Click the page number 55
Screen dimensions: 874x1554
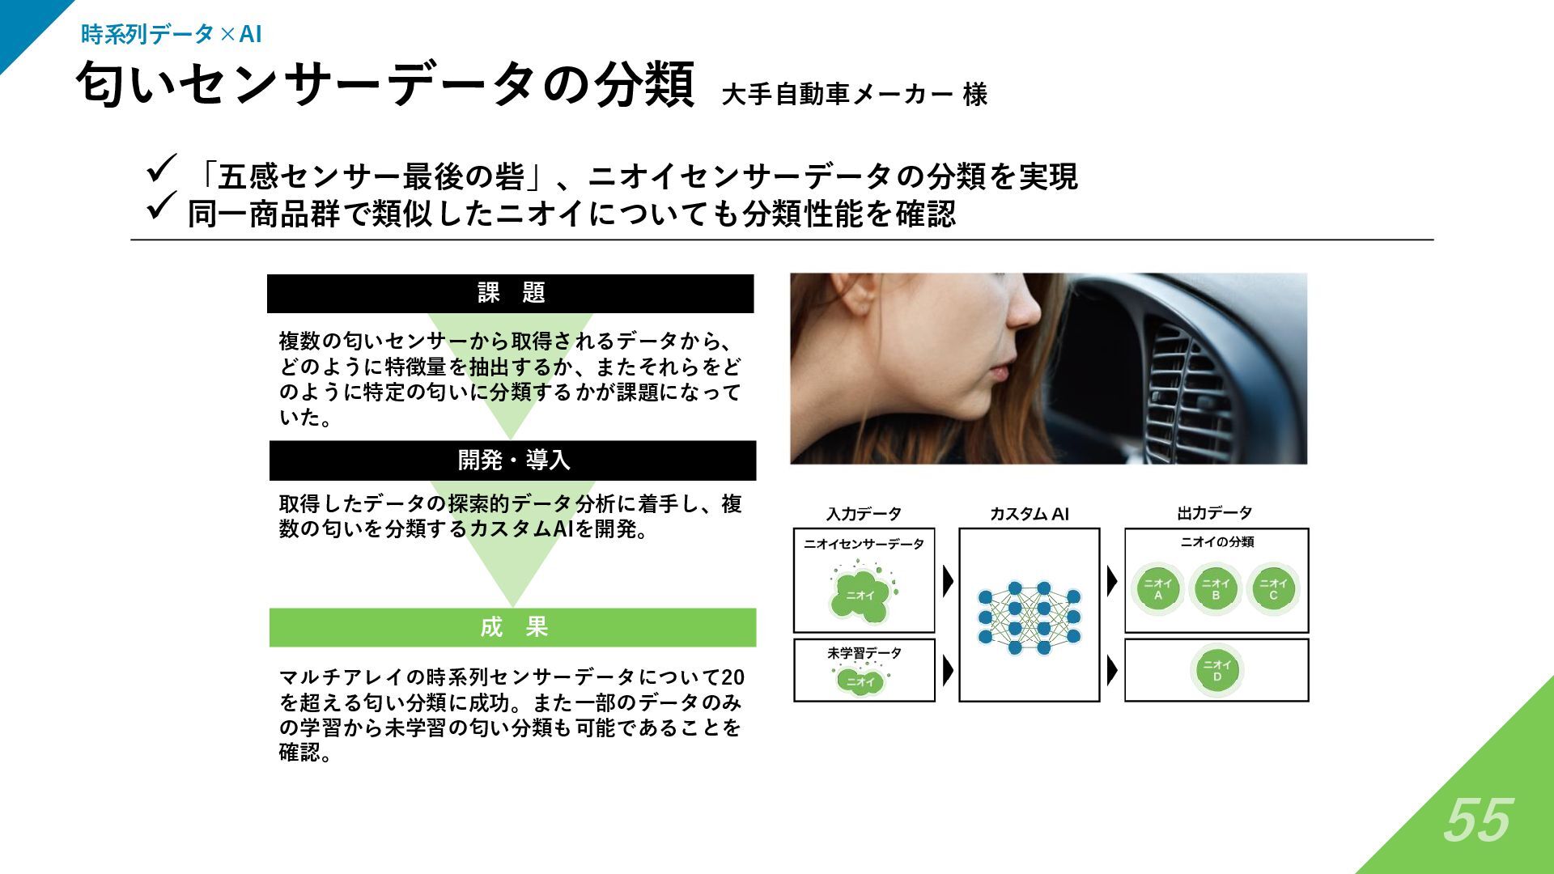click(x=1477, y=821)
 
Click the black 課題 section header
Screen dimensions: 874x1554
click(x=511, y=293)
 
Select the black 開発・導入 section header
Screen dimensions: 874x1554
click(x=513, y=460)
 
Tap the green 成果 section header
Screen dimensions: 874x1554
click(x=513, y=627)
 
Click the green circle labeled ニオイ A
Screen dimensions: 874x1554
click(x=1158, y=589)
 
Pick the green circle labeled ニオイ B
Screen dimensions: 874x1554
click(x=1216, y=589)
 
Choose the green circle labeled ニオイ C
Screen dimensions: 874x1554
click(x=1273, y=589)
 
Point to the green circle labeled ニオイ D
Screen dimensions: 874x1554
click(x=1216, y=671)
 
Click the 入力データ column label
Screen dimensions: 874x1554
click(x=864, y=514)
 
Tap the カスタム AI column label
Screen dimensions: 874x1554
click(x=1029, y=514)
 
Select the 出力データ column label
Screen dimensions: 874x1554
click(x=1214, y=513)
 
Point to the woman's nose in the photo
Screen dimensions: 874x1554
click(x=1025, y=308)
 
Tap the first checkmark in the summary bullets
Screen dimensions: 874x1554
click(x=161, y=171)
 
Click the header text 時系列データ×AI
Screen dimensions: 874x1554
click(x=171, y=34)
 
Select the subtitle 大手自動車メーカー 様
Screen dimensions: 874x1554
click(x=854, y=95)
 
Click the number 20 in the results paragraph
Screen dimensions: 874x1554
click(x=732, y=677)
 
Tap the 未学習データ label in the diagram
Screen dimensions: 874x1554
click(x=864, y=653)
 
